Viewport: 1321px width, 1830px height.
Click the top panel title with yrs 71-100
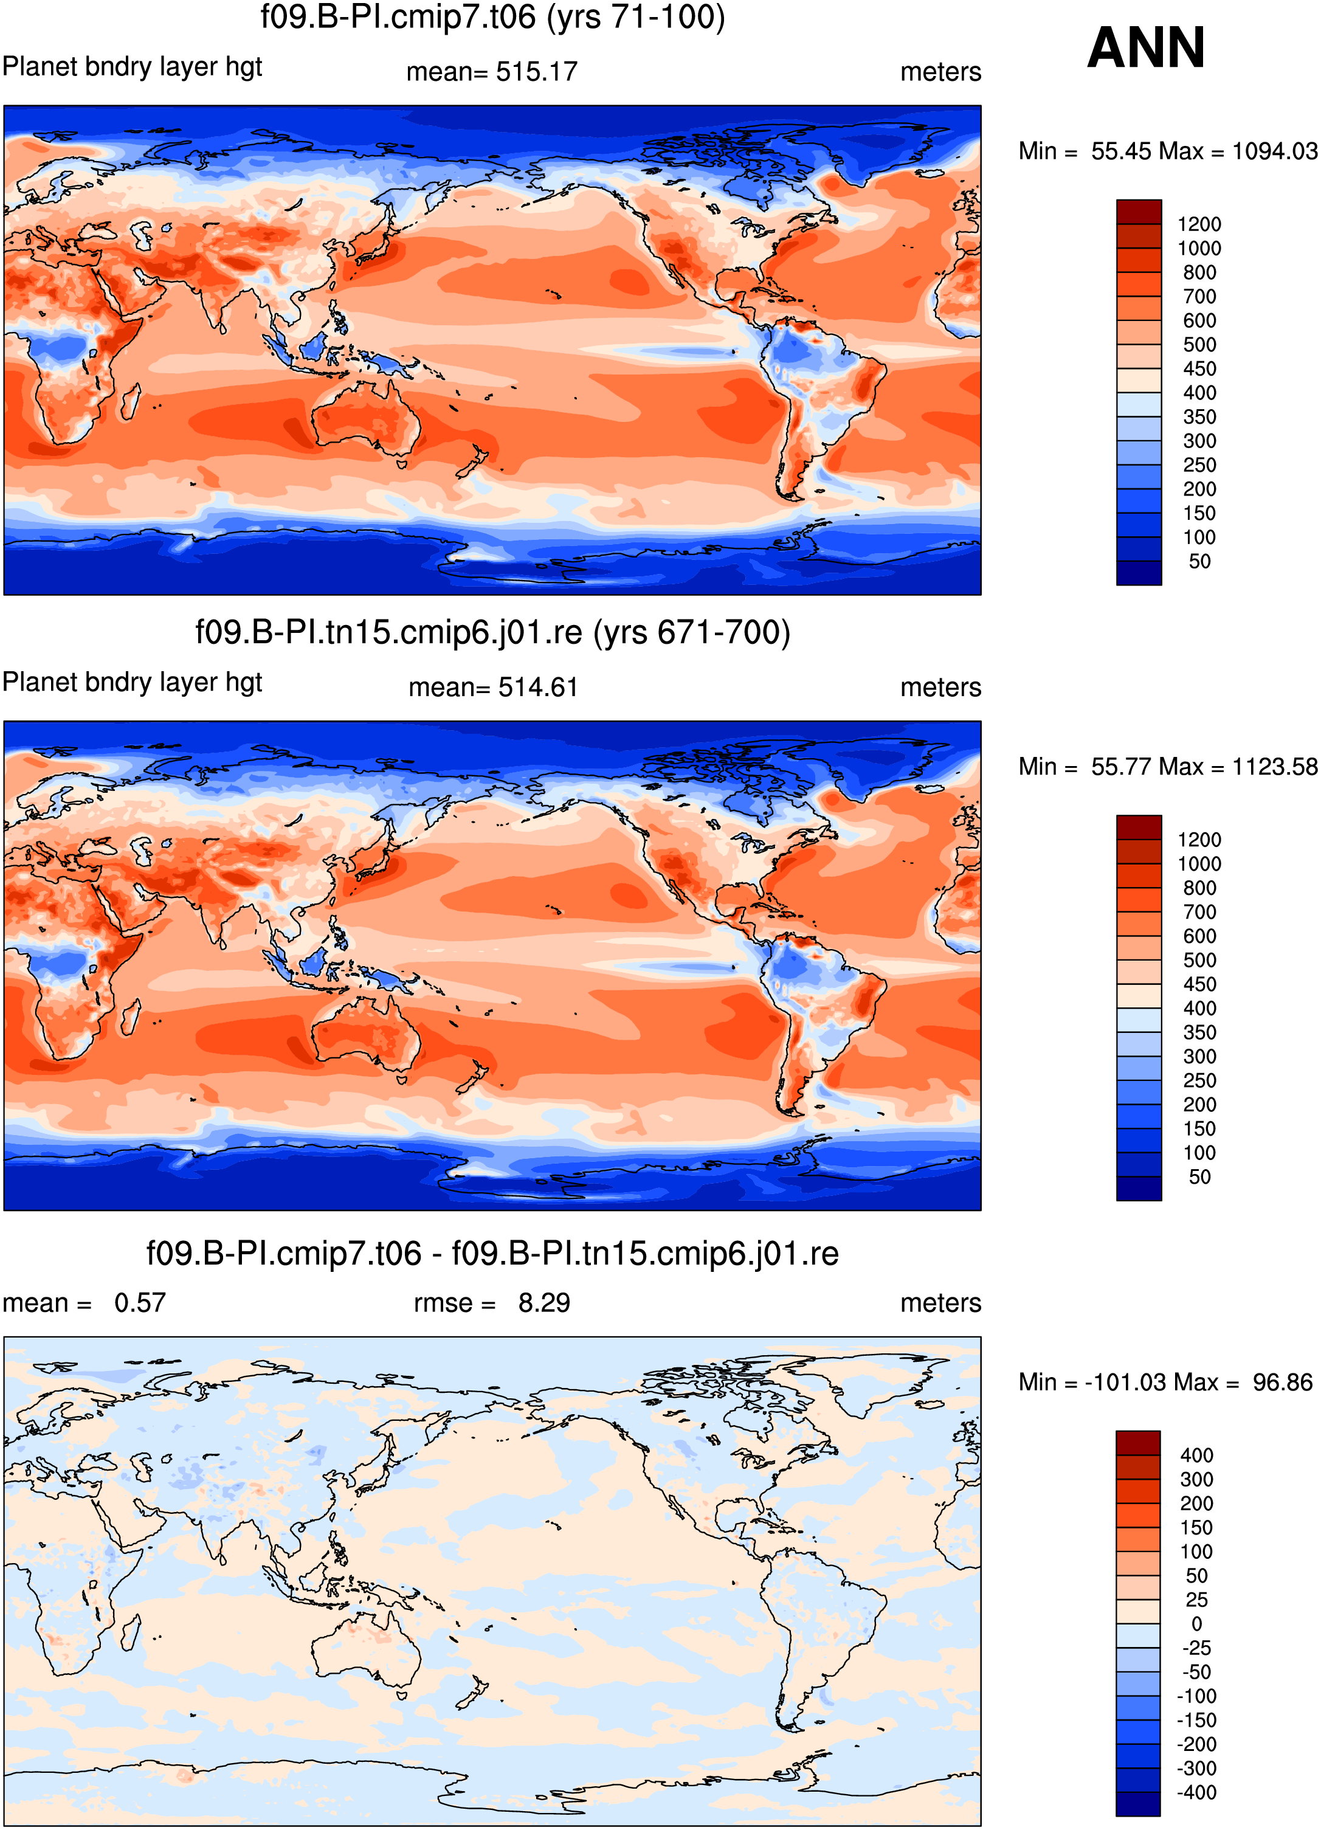pos(492,17)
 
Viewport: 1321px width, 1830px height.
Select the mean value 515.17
pos(537,72)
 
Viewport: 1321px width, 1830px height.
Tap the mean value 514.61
pos(538,688)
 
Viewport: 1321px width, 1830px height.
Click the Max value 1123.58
pos(1275,767)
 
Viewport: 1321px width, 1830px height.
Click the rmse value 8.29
pos(544,1303)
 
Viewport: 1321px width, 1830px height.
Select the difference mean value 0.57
pos(140,1303)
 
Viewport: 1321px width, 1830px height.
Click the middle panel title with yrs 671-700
pos(492,632)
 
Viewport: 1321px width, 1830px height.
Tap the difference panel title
pos(492,1254)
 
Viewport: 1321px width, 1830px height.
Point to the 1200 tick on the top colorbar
pos(1199,224)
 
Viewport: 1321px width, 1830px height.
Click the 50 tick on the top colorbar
pos(1199,562)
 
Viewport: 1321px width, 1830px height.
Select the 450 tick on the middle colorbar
pos(1199,984)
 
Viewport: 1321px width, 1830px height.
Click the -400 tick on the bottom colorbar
pos(1197,1793)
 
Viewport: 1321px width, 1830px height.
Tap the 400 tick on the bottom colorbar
pos(1197,1455)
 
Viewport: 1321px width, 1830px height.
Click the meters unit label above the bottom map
pos(941,1303)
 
